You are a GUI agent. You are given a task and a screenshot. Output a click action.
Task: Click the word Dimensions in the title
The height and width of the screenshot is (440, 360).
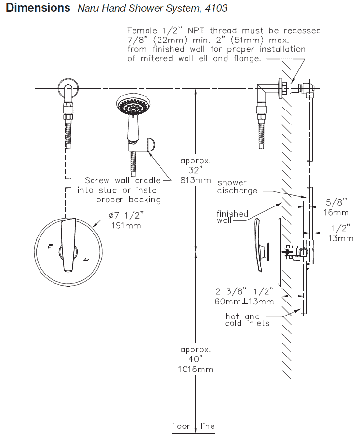click(x=38, y=8)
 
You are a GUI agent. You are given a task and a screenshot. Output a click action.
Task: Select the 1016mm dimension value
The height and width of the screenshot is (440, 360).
click(x=196, y=369)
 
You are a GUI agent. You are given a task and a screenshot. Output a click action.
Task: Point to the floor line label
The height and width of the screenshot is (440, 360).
click(x=193, y=426)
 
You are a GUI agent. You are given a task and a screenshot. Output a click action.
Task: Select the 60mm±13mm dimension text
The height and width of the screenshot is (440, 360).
click(x=245, y=302)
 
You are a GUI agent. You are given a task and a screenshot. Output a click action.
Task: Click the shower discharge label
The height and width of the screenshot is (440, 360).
click(x=237, y=187)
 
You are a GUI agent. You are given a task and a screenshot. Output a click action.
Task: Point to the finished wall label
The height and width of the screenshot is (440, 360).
click(x=232, y=217)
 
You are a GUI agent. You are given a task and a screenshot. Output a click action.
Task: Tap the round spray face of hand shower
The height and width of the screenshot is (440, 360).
click(x=131, y=106)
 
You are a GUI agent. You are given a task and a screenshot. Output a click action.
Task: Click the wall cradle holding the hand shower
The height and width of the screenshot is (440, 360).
click(x=148, y=144)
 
